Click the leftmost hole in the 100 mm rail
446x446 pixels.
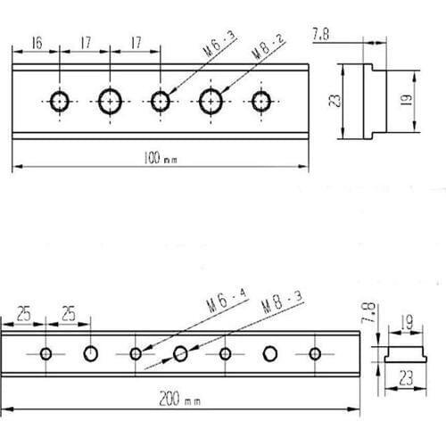(x=60, y=100)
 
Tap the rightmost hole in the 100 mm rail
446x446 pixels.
(x=261, y=100)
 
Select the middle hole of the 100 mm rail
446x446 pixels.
(x=161, y=100)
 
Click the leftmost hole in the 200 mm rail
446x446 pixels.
(x=46, y=353)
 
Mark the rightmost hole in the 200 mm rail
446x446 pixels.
(x=314, y=353)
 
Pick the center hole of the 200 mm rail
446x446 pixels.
(x=181, y=353)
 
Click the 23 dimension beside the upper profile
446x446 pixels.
(x=334, y=101)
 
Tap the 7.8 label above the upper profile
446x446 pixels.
(x=322, y=36)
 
